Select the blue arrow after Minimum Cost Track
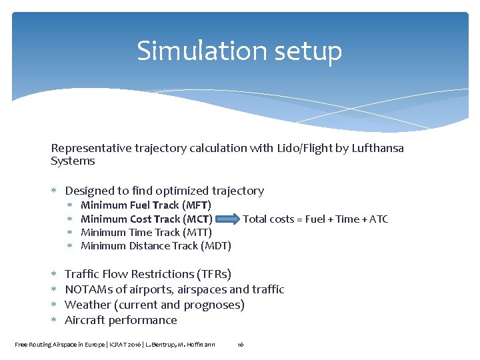pyautogui.click(x=227, y=219)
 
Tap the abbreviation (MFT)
pyautogui.click(x=197, y=205)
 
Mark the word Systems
pyautogui.click(x=73, y=161)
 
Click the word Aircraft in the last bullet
pyautogui.click(x=85, y=320)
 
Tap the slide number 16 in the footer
pyautogui.click(x=241, y=345)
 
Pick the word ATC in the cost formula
pyautogui.click(x=378, y=219)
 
